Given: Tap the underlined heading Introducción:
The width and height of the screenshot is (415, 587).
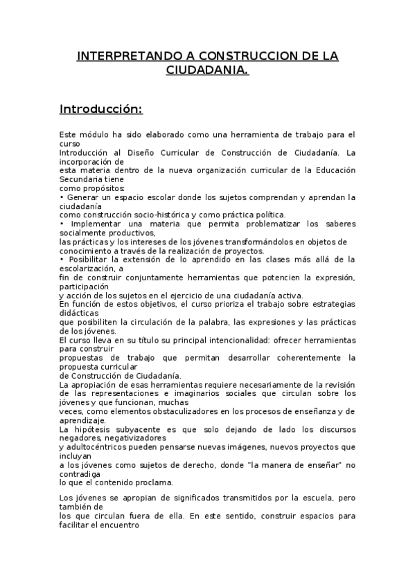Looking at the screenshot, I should coord(101,109).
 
